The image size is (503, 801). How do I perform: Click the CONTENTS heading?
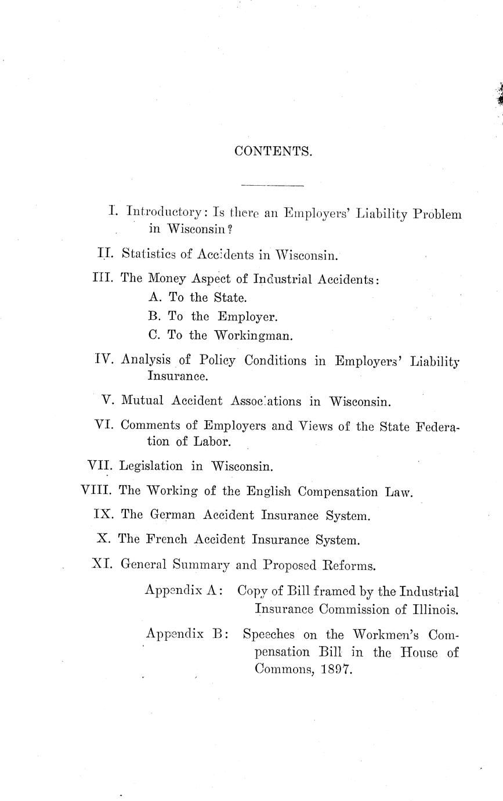pos(273,151)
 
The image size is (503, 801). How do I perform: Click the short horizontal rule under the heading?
pos(272,186)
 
